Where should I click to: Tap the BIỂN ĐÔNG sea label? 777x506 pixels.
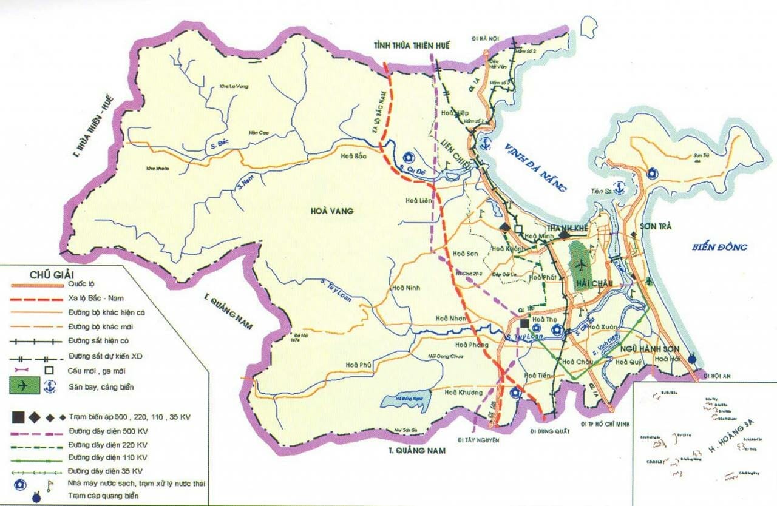coord(719,247)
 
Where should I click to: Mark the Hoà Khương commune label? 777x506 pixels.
coord(459,393)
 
